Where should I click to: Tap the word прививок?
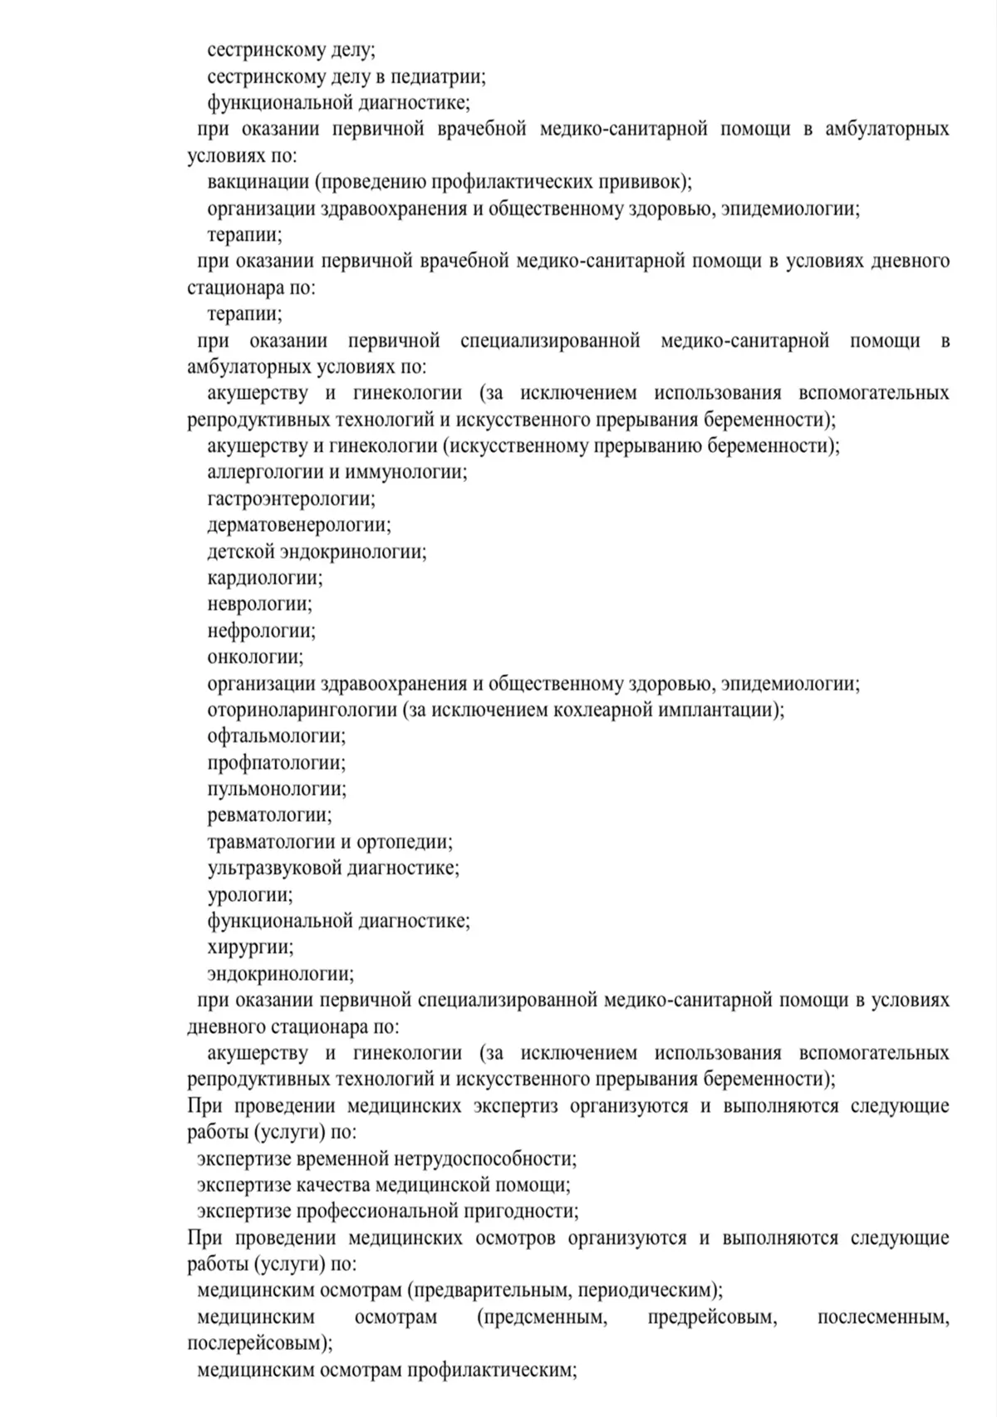[x=646, y=182]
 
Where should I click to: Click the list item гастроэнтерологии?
[x=291, y=499]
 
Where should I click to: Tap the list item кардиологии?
[x=265, y=578]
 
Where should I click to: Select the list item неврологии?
[x=259, y=604]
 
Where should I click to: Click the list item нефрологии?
[x=261, y=631]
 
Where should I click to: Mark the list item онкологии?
[x=255, y=657]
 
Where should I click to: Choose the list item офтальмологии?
[x=276, y=736]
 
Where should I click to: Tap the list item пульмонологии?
[x=277, y=789]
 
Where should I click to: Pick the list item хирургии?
[x=250, y=947]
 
